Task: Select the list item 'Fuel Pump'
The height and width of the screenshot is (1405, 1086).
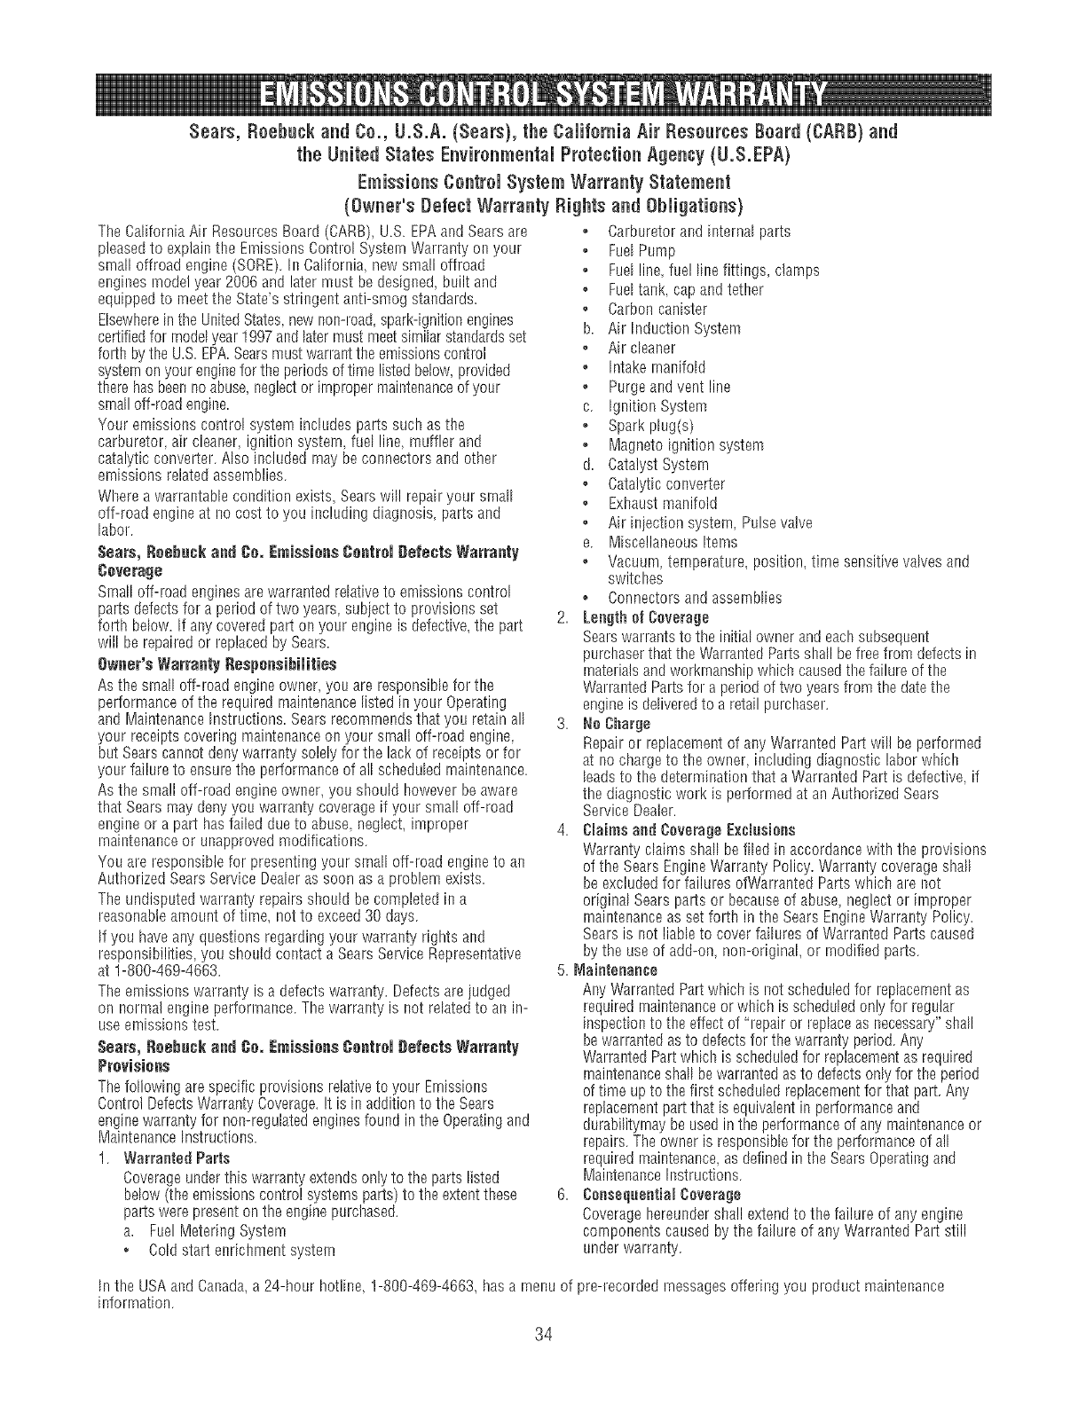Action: point(641,251)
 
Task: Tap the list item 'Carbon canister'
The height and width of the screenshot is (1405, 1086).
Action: point(657,310)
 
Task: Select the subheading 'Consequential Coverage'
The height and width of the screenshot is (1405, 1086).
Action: point(662,1195)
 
